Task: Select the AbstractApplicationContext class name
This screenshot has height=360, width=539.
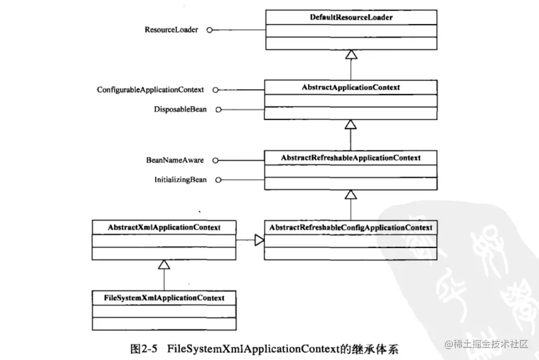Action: (350, 87)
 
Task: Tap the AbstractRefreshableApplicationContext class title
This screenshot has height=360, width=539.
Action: (350, 157)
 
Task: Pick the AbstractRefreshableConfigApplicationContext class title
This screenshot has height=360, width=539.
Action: (350, 228)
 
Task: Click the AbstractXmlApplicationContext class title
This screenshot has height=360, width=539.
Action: (164, 228)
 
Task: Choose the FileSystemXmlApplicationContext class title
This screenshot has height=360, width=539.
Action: (164, 298)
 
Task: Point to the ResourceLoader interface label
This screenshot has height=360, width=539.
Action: (171, 30)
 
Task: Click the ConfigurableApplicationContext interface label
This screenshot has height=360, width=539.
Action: (150, 90)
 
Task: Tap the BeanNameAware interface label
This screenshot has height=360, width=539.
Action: (175, 159)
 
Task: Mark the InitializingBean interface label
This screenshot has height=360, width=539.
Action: (180, 179)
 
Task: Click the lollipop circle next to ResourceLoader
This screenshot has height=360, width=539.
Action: (210, 30)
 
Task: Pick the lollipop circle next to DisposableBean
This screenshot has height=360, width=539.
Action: (219, 110)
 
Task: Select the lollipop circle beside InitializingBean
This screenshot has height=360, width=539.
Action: (219, 180)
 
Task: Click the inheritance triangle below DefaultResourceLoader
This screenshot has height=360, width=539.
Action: (350, 54)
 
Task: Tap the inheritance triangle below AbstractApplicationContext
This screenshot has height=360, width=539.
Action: (350, 124)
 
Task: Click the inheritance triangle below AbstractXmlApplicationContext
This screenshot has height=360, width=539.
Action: (164, 265)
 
